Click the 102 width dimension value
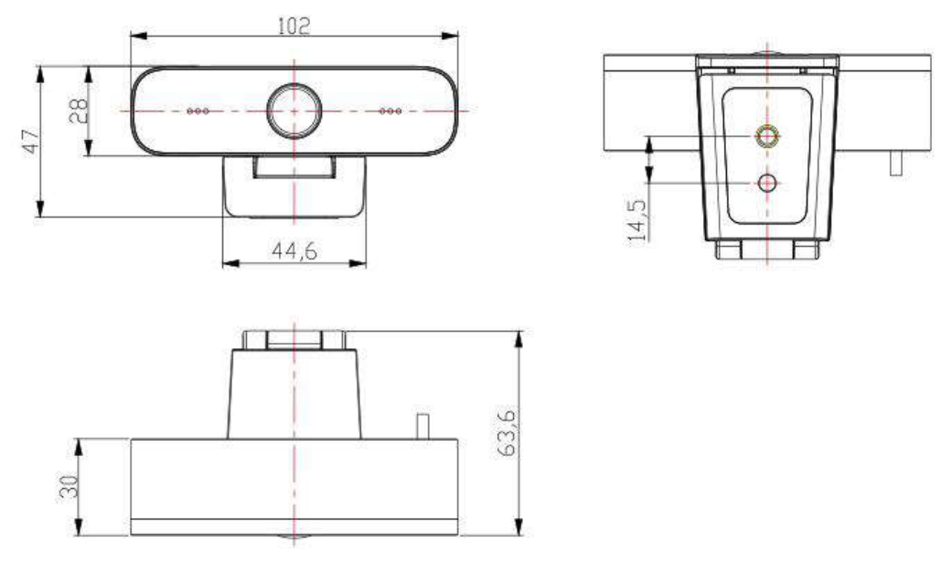[x=294, y=27]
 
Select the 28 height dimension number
[x=80, y=111]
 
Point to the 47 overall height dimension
[x=31, y=143]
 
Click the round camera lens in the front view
[x=294, y=110]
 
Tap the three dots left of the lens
[x=197, y=111]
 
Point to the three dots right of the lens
[x=390, y=111]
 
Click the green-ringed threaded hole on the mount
[x=767, y=136]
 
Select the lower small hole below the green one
[x=767, y=183]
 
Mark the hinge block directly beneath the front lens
[x=294, y=166]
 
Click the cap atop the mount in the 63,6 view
[x=294, y=340]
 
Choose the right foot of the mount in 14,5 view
[x=806, y=250]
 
